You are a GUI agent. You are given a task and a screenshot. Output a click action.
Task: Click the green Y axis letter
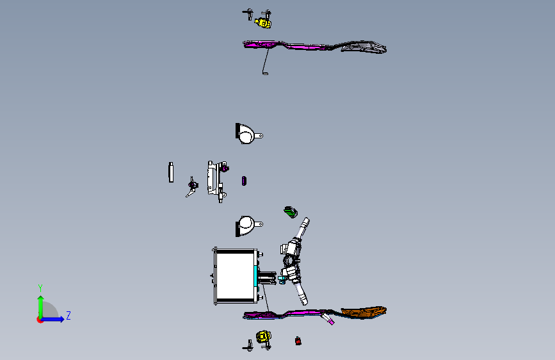(40, 288)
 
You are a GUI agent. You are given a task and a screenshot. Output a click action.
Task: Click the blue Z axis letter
(68, 315)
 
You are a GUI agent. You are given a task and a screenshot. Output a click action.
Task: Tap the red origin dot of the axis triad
(40, 320)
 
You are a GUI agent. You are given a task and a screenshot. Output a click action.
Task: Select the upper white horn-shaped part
(248, 134)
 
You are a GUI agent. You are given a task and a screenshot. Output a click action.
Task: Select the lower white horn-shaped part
(248, 225)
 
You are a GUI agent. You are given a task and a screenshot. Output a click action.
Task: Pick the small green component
(291, 212)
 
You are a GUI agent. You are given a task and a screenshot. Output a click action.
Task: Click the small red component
(298, 341)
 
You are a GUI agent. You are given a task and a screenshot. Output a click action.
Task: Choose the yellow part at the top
(263, 23)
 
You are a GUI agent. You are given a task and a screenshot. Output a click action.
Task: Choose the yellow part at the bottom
(263, 336)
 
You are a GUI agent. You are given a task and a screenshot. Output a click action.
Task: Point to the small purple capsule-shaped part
(244, 181)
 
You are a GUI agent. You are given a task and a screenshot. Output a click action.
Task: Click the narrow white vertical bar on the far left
(171, 172)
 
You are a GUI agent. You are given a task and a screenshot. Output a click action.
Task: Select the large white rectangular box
(236, 276)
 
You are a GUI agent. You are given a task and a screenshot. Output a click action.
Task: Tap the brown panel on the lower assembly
(364, 311)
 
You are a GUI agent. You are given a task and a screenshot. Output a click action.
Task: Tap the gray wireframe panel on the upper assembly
(364, 47)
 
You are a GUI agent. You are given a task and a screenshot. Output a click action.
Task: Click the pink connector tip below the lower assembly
(331, 322)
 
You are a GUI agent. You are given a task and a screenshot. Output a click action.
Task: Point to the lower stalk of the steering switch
(302, 294)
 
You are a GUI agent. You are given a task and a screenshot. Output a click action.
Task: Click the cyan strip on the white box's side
(255, 276)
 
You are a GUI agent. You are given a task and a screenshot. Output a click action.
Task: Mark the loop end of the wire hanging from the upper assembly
(265, 74)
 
